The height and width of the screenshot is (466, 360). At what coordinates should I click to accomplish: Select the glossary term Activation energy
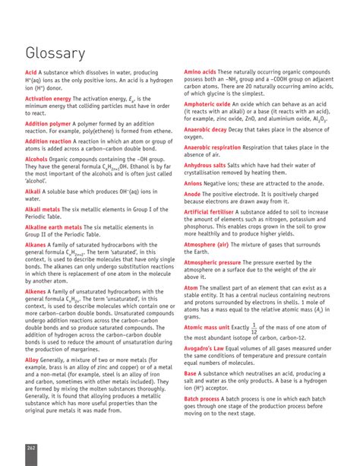tap(50, 99)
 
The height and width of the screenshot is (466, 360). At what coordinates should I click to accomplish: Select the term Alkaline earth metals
tap(54, 227)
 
